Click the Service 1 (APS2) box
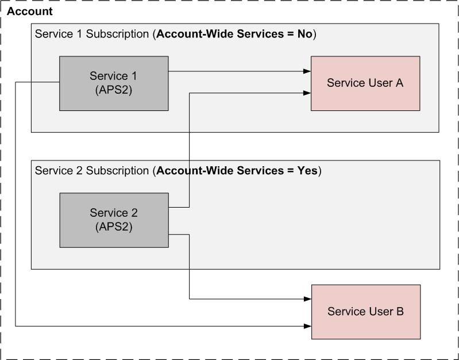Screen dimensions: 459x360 point(114,83)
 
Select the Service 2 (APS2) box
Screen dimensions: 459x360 point(114,220)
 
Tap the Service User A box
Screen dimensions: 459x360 point(365,83)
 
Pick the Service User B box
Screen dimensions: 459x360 point(366,312)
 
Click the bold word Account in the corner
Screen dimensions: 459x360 point(29,12)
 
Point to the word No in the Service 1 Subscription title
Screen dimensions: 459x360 point(304,34)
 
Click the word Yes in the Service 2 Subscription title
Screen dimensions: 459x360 point(307,171)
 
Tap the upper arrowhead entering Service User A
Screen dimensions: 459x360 point(307,71)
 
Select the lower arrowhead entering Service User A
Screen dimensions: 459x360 point(307,93)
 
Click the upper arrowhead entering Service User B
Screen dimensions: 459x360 point(308,299)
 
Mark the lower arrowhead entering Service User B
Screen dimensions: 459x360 point(308,326)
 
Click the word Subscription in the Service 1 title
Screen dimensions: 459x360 point(117,35)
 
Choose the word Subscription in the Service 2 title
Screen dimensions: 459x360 point(117,171)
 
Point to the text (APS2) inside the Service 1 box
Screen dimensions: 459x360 point(114,90)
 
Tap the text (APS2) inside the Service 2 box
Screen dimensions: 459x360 point(114,227)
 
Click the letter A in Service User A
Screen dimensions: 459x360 point(400,83)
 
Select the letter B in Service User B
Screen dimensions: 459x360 point(400,311)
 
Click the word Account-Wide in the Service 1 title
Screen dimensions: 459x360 point(195,34)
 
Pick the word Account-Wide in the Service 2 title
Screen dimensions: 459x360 point(195,171)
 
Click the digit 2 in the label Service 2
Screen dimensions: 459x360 point(134,213)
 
